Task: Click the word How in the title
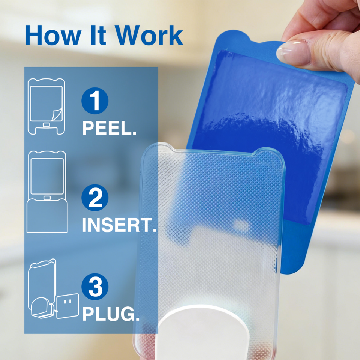[x=53, y=35]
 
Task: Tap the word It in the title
[x=98, y=35]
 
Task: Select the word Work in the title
[x=149, y=35]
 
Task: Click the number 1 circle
[x=95, y=101]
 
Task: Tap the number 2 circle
[x=95, y=198]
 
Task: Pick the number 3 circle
[x=95, y=286]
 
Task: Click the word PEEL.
[x=109, y=128]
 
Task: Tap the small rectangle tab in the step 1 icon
[x=46, y=125]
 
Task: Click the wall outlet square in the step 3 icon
[x=67, y=306]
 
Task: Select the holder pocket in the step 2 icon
[x=47, y=216]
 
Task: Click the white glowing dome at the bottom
[x=202, y=333]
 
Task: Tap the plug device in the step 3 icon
[x=41, y=307]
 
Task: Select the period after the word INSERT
[x=154, y=230]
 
